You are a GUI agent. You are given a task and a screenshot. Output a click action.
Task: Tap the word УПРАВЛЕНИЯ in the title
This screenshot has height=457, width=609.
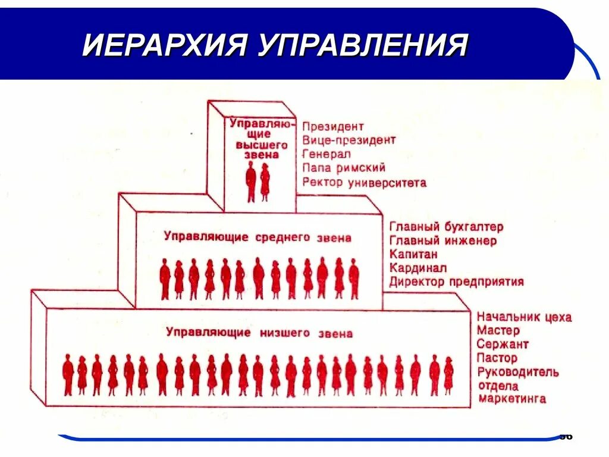point(363,45)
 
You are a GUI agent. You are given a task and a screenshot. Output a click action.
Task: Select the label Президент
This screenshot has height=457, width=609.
point(332,127)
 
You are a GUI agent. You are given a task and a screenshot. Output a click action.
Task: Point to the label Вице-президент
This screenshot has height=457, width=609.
point(349,140)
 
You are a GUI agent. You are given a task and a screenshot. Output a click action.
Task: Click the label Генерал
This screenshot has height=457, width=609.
point(327,154)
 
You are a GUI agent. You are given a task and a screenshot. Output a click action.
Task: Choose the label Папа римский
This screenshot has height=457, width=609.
point(344,168)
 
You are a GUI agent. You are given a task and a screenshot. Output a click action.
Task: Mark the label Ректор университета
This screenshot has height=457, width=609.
point(364,183)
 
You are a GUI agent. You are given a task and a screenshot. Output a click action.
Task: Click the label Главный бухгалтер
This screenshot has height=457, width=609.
point(446,227)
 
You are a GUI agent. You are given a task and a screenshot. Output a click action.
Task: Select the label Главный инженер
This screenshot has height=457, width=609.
point(443,241)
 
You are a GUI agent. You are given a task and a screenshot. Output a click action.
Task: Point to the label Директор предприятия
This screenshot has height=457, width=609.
point(456,281)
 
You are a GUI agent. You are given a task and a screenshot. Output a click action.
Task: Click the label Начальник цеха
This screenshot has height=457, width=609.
point(523,317)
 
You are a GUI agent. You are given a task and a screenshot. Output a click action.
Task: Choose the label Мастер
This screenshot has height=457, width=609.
point(498,330)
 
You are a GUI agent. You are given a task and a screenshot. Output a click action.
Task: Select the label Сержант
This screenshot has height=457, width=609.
point(502,344)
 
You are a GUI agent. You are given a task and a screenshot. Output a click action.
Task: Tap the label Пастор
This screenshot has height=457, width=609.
point(497,358)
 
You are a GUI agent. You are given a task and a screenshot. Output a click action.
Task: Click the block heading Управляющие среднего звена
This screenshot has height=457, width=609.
point(257,237)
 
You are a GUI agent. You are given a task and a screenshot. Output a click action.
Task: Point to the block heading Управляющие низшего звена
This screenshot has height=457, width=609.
point(259,333)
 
